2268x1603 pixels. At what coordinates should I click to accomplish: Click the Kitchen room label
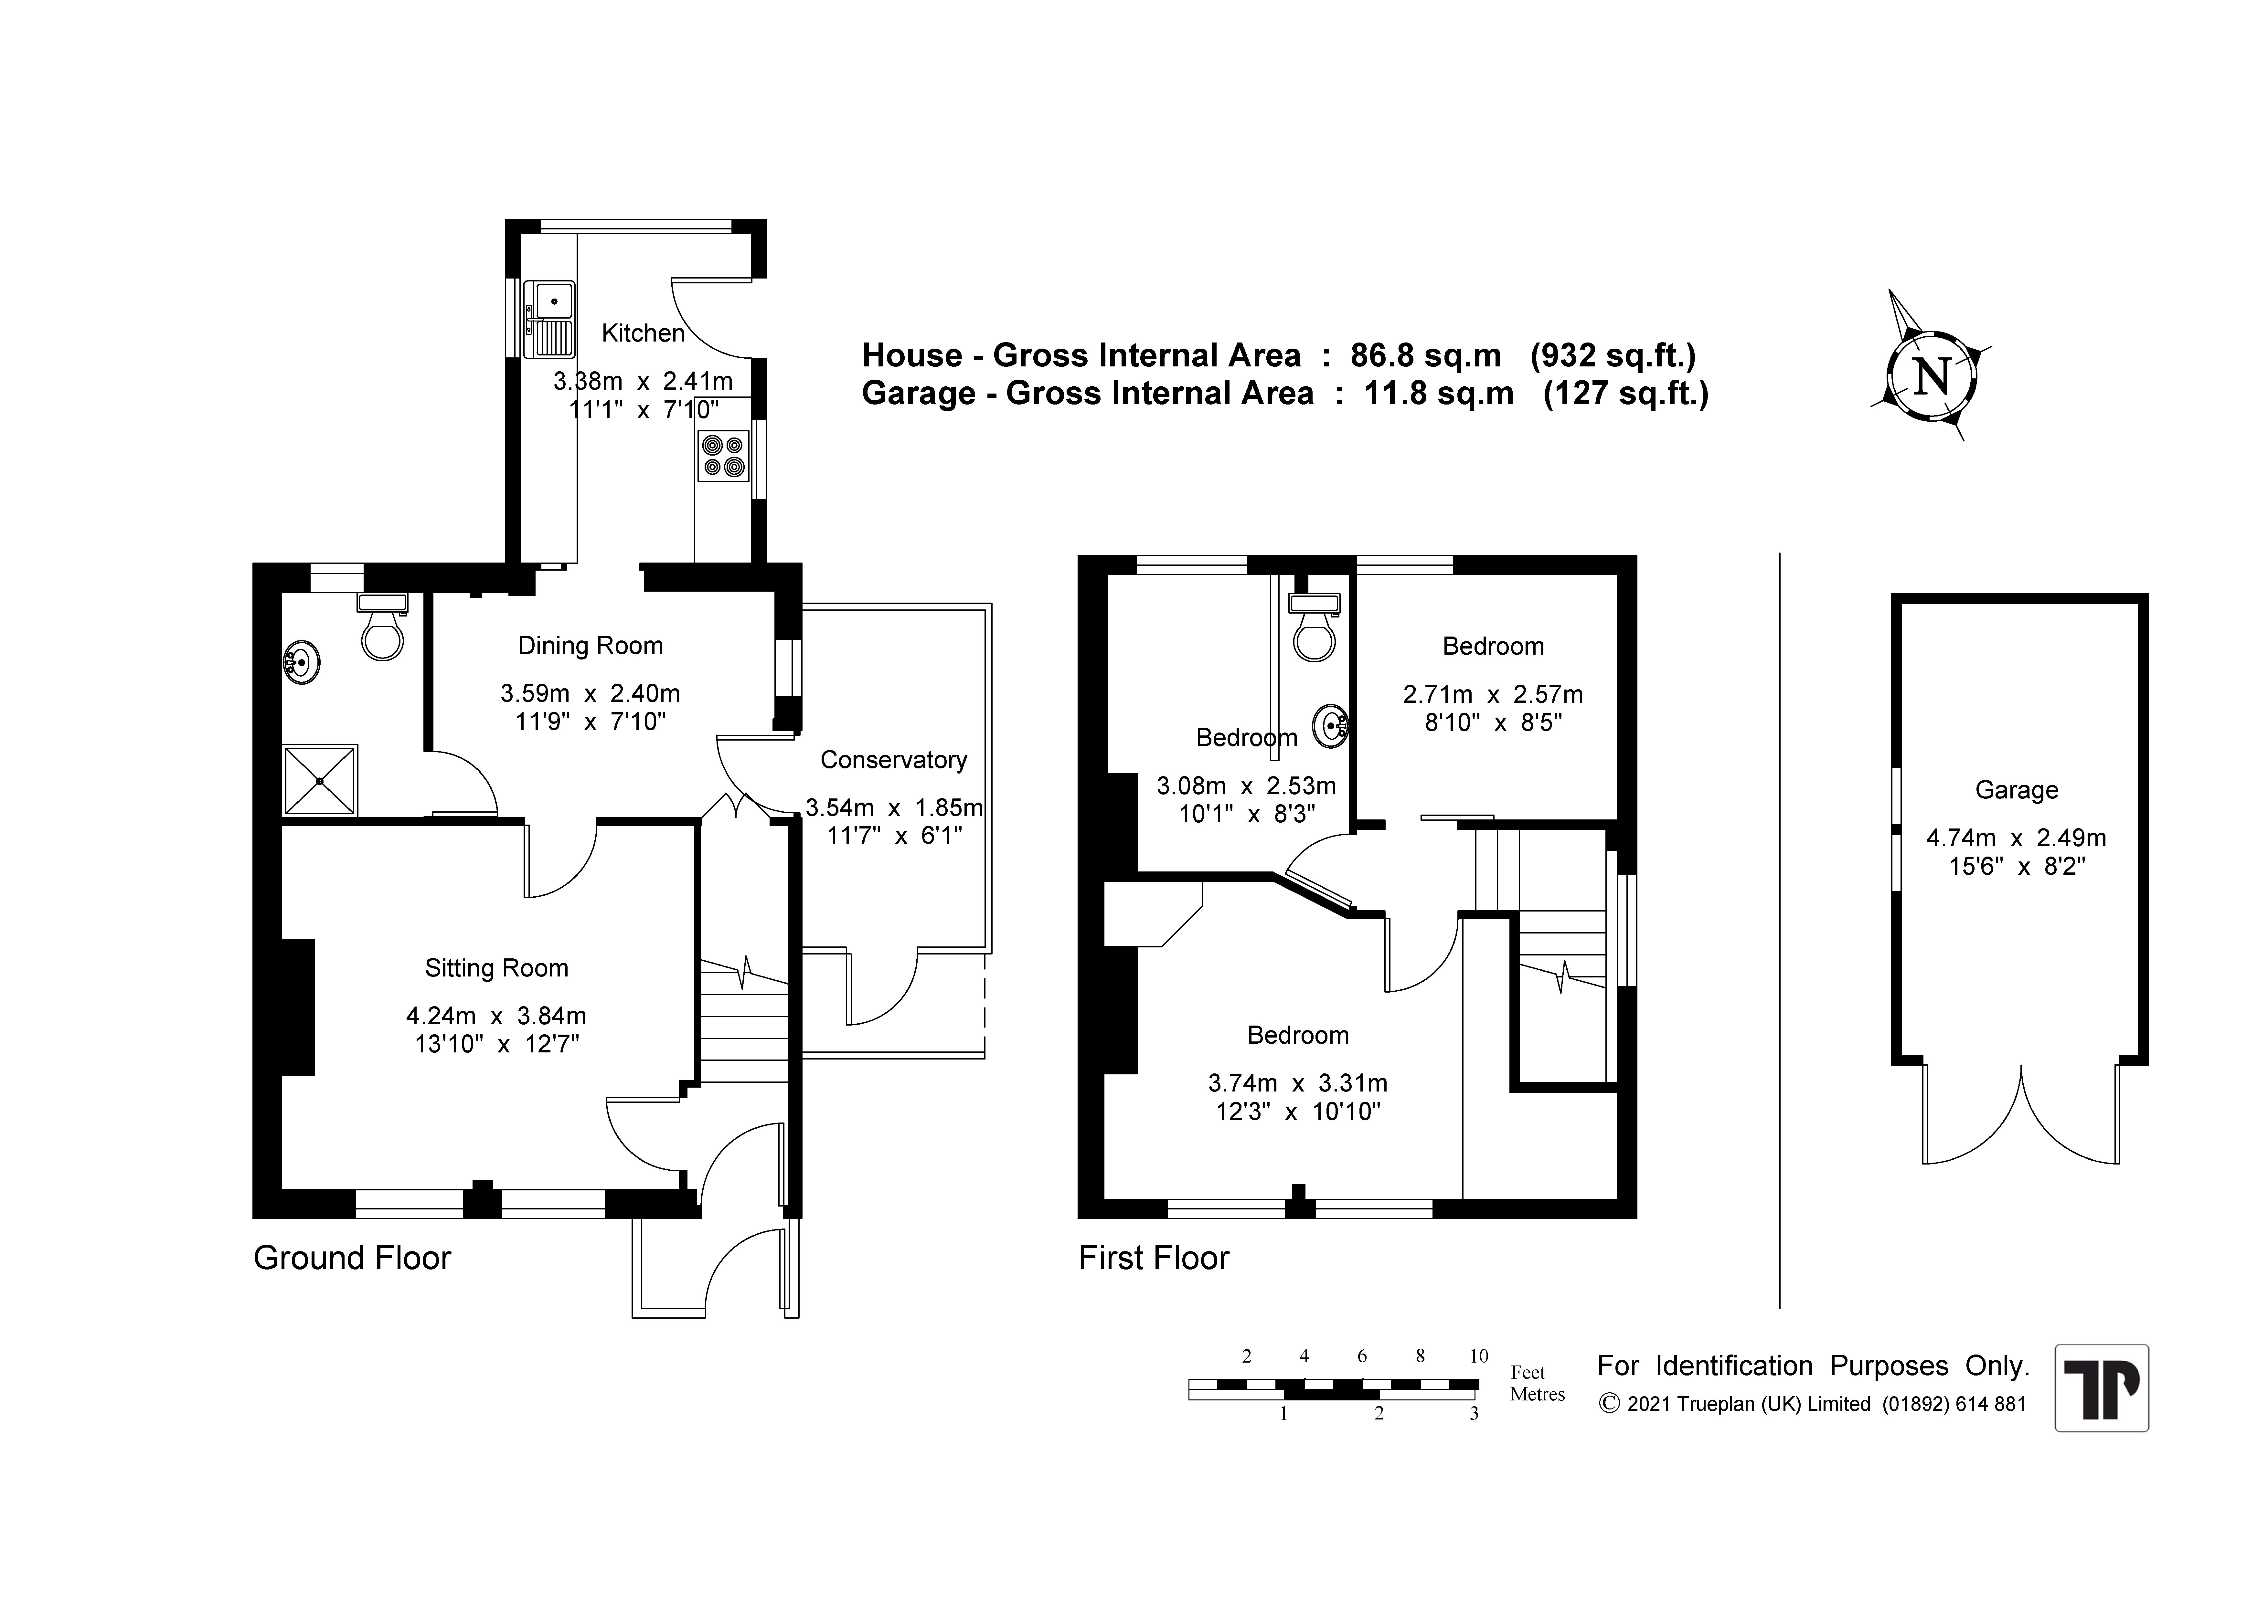pos(643,333)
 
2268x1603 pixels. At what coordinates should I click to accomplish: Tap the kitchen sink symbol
pos(549,318)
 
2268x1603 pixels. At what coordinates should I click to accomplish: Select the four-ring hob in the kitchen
pos(722,455)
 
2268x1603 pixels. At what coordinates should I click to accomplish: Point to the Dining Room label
pos(591,646)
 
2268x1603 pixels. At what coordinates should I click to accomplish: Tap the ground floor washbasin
pos(302,662)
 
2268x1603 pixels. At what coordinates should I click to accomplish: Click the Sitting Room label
pos(497,968)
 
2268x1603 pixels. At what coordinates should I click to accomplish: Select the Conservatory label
pos(894,760)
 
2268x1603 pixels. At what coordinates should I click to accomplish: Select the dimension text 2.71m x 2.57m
pos(1493,694)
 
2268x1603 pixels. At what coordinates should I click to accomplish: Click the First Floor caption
pos(1154,1258)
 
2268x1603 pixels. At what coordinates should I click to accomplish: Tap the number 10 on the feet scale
pos(1478,1356)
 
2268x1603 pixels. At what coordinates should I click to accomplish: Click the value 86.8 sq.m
pos(1425,355)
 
